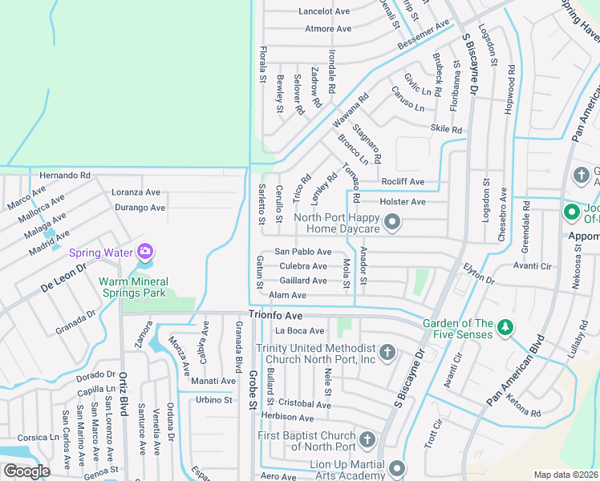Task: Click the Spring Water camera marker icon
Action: tap(145, 252)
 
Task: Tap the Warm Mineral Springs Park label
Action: tap(132, 287)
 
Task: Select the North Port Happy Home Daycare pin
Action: tap(392, 222)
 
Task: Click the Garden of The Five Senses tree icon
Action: tap(505, 327)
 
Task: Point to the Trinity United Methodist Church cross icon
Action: tap(387, 353)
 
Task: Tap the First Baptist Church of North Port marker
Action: tap(367, 439)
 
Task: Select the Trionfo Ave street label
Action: tap(274, 314)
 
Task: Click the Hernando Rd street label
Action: tap(65, 175)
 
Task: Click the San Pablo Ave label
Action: tap(303, 252)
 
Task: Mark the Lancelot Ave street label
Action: tap(325, 11)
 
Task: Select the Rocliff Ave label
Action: tap(403, 182)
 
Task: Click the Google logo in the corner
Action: tap(26, 471)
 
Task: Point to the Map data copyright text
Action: tap(566, 475)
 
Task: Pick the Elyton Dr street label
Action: tap(478, 273)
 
